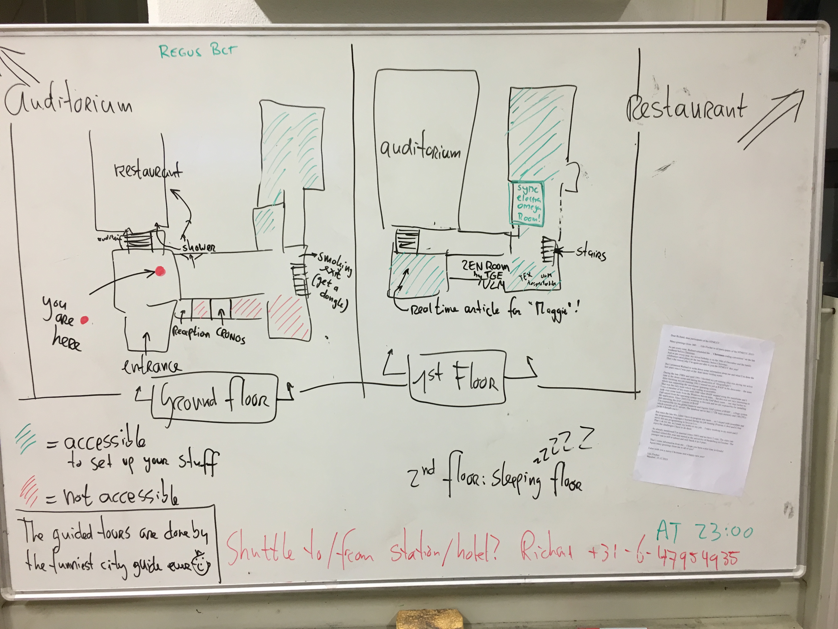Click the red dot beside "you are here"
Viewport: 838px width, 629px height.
point(84,320)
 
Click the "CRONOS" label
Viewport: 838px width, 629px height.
point(230,336)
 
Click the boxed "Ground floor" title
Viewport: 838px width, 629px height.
point(214,398)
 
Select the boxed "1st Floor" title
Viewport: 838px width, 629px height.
point(457,377)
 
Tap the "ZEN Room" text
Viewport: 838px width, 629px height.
point(485,266)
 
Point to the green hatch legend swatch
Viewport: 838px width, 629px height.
point(26,439)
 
